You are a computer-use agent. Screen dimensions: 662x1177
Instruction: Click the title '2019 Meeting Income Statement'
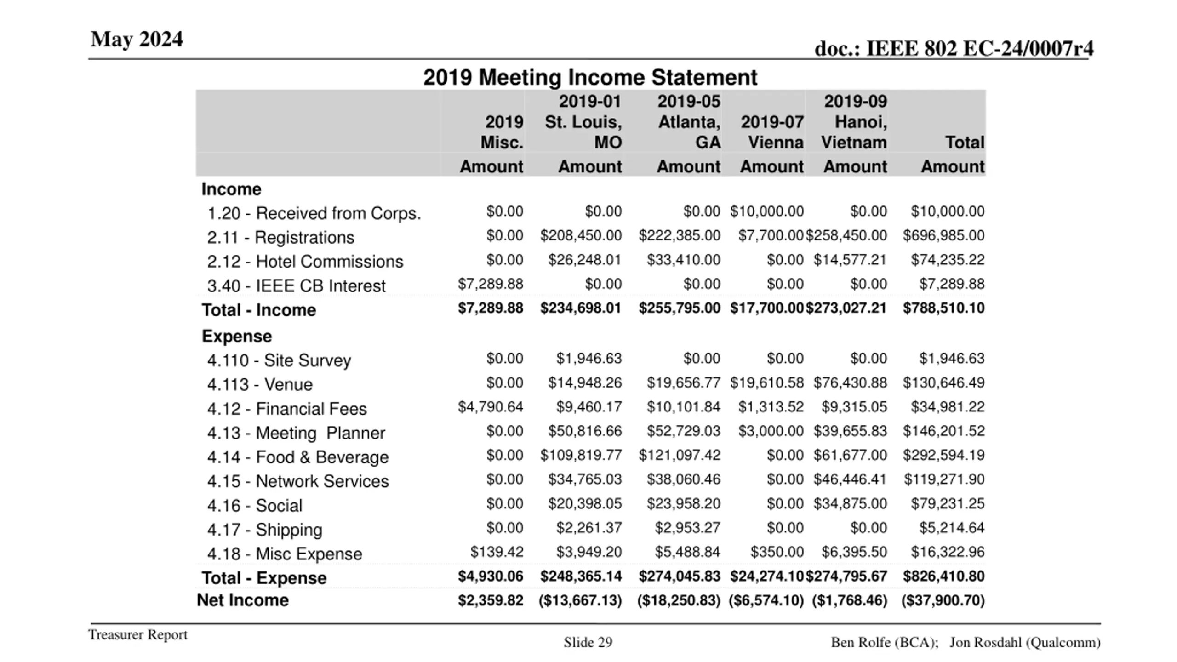point(590,77)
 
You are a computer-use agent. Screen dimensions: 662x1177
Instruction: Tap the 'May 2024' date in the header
point(137,39)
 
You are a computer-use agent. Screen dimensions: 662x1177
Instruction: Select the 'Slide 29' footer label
point(588,642)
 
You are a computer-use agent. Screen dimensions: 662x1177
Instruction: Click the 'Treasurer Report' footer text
point(138,634)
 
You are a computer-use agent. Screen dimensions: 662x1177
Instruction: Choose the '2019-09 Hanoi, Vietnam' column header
point(855,122)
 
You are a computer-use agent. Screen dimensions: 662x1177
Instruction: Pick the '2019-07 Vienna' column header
point(772,132)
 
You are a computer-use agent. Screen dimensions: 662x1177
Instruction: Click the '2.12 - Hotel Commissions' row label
point(305,262)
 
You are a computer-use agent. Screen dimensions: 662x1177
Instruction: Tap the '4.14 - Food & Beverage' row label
point(297,457)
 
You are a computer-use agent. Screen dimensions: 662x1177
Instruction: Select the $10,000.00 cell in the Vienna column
point(767,211)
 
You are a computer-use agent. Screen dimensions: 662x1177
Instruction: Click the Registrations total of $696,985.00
point(943,236)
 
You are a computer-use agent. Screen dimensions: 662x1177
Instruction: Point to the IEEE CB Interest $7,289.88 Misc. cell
point(490,284)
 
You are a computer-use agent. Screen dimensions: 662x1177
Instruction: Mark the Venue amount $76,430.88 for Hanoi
point(850,383)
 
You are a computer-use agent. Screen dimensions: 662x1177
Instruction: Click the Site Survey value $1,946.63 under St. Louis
point(588,359)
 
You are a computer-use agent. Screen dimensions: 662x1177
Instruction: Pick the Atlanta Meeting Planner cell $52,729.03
point(683,431)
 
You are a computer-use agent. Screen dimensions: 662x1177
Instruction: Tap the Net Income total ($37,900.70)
point(943,600)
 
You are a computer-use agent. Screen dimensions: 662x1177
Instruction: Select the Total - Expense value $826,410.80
point(943,576)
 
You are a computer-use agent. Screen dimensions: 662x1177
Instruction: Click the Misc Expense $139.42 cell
point(497,552)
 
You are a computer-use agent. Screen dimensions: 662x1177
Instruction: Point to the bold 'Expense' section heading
point(237,337)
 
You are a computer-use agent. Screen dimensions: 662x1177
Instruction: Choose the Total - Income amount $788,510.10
point(943,308)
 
